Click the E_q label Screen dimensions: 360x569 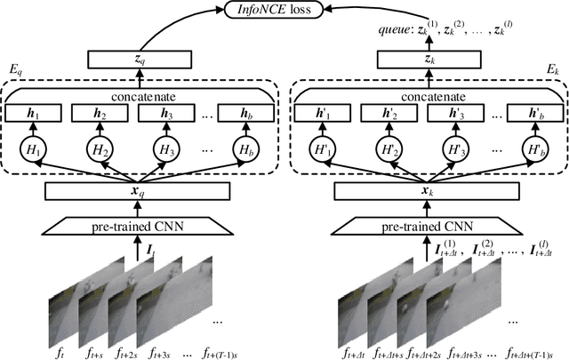tap(14, 69)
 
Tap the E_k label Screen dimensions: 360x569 tap(553, 69)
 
